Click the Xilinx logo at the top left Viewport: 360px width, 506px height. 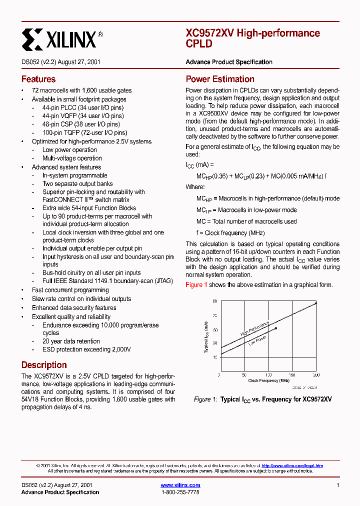(62, 38)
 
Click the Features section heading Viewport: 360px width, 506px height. (38, 79)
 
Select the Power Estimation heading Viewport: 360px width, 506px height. (220, 79)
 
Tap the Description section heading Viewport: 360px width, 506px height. (44, 365)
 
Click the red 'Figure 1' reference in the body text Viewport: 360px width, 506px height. (196, 284)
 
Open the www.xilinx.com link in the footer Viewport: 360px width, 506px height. (180, 485)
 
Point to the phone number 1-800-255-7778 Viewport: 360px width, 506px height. (180, 492)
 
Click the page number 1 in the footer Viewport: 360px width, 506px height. (338, 485)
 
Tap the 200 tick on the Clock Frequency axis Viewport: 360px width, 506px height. (316, 374)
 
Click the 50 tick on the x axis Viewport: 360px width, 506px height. (243, 374)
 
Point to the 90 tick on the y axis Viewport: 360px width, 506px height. (214, 301)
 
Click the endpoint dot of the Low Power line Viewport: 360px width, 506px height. (275, 328)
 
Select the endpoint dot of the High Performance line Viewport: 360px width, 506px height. (316, 303)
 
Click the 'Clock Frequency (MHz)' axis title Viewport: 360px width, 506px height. (268, 380)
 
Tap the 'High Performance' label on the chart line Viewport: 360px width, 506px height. (254, 328)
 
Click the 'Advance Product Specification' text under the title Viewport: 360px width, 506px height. (229, 62)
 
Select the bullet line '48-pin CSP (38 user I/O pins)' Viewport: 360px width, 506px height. (81, 124)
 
